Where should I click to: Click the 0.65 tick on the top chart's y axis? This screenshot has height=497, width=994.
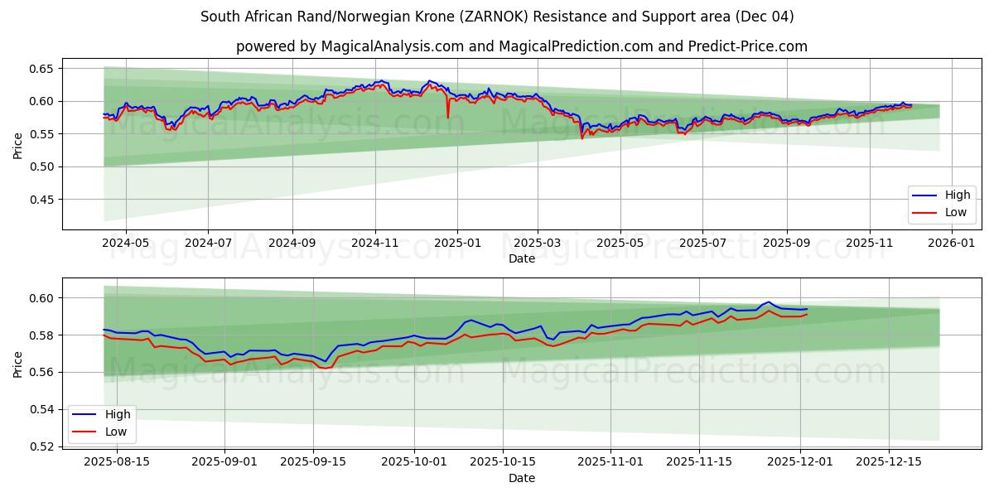(x=42, y=68)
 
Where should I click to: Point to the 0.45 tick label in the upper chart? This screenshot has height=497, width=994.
(x=42, y=200)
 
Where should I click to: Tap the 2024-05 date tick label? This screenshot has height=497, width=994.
(x=125, y=243)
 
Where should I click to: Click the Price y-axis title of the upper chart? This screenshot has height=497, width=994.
(x=18, y=146)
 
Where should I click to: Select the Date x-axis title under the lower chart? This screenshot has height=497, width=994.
(x=522, y=478)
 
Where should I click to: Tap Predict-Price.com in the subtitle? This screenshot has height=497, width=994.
(x=747, y=46)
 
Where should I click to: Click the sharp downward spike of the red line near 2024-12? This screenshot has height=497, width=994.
(x=448, y=118)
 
